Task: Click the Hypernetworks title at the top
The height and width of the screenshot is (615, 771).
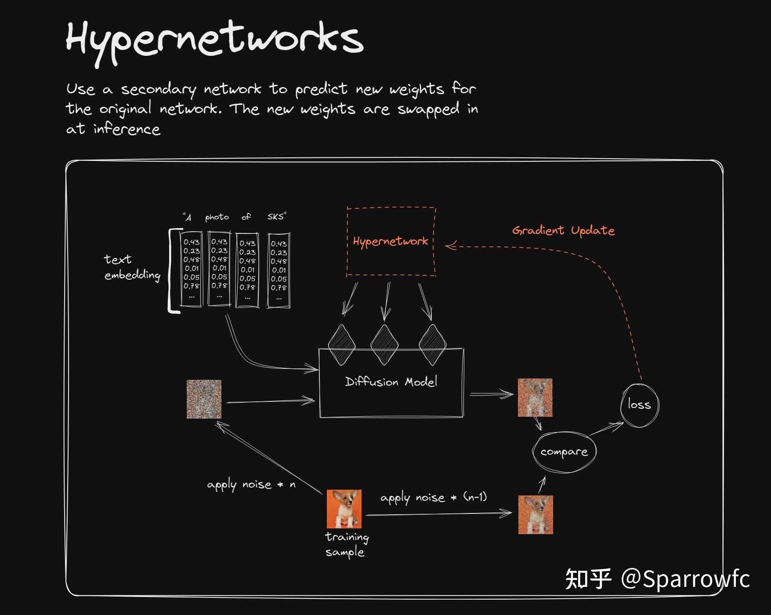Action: [x=214, y=40]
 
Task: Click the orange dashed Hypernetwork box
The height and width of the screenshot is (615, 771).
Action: [x=391, y=241]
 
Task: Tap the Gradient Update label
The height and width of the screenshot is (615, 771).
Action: [x=563, y=230]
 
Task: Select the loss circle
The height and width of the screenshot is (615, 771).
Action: [x=639, y=405]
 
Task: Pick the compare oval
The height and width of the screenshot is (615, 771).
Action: [x=564, y=452]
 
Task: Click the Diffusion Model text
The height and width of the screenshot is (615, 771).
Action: [x=391, y=382]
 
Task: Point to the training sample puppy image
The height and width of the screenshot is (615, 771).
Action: [x=344, y=509]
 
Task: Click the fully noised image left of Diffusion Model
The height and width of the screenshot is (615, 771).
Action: [x=204, y=399]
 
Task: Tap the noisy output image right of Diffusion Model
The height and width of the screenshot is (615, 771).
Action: [x=535, y=397]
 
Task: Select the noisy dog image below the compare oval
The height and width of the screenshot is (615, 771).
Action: [x=535, y=514]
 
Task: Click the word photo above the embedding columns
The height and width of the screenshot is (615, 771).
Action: [x=217, y=217]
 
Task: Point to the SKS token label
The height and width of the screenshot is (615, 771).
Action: [x=276, y=216]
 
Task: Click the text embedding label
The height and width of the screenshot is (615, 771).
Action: [x=132, y=267]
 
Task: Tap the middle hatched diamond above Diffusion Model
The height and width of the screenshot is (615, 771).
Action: [x=384, y=345]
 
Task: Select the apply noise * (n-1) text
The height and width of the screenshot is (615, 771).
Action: [x=433, y=498]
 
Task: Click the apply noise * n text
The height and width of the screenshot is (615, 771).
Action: [x=251, y=484]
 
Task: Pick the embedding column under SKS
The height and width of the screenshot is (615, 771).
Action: [x=279, y=270]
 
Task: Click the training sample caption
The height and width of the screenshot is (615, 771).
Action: [x=346, y=544]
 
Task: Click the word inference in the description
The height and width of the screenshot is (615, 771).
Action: [x=127, y=129]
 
